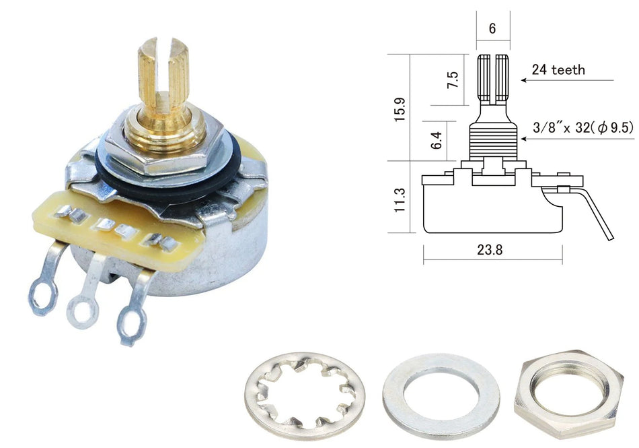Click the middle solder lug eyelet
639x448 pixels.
tap(83, 311)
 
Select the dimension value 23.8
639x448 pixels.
tap(492, 249)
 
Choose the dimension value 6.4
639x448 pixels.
tap(437, 140)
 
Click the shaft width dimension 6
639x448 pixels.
tap(492, 28)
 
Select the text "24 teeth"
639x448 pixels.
tap(558, 69)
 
